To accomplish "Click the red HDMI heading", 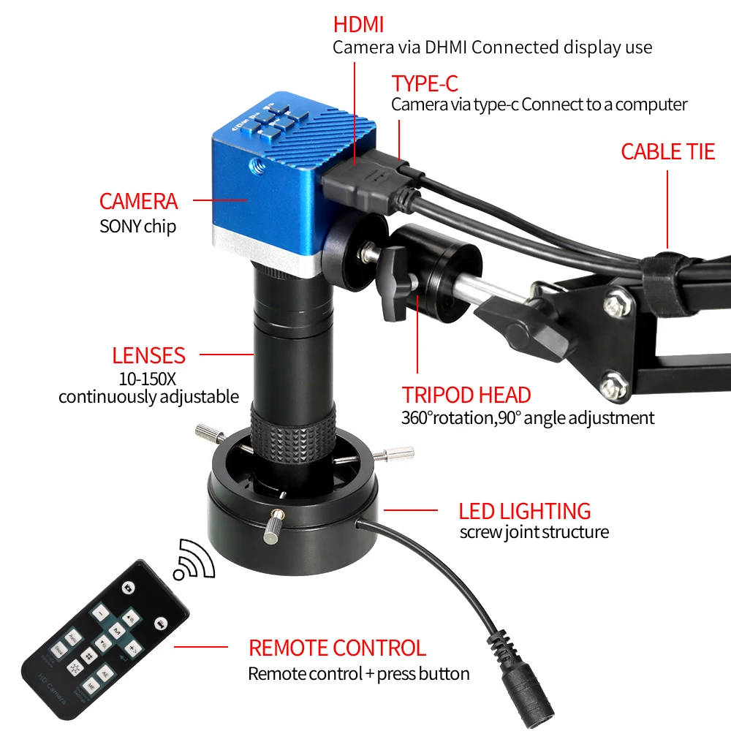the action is pos(358,25).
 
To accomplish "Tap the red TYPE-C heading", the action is pos(425,84).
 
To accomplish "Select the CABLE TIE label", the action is pos(667,152).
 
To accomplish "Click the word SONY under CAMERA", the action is pos(120,227).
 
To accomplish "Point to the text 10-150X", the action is pos(148,379).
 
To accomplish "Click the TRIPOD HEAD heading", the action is pos(466,395).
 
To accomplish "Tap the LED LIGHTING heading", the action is pos(524,512).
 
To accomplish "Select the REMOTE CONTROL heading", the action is pos(337,648).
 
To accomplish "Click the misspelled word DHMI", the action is pos(446,47).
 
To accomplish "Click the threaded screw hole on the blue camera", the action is pos(257,164).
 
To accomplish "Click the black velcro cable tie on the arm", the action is pos(667,284).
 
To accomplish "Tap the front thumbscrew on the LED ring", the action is pos(273,526).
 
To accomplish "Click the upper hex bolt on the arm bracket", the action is pos(618,305).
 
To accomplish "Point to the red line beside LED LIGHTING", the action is pos(411,510).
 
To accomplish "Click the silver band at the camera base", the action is pos(266,251).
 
